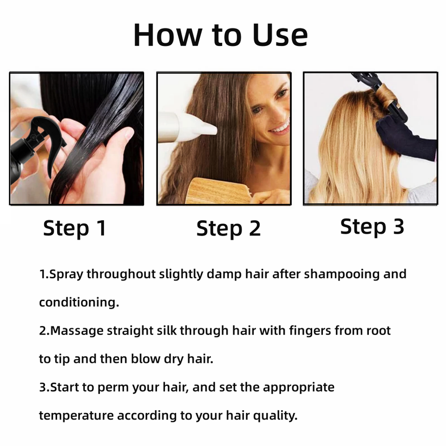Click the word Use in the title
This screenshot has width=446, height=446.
pyautogui.click(x=280, y=35)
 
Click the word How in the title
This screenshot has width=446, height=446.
pyautogui.click(x=168, y=35)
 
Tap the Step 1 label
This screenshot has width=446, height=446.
pyautogui.click(x=74, y=228)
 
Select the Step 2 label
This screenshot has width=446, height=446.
pyautogui.click(x=229, y=228)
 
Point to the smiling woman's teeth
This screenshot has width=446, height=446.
pyautogui.click(x=280, y=128)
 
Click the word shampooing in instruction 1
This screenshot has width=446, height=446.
pyautogui.click(x=342, y=274)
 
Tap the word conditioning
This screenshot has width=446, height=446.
pyautogui.click(x=79, y=302)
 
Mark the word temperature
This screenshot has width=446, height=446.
pyautogui.click(x=76, y=416)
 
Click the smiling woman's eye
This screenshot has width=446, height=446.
pyautogui.click(x=257, y=110)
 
